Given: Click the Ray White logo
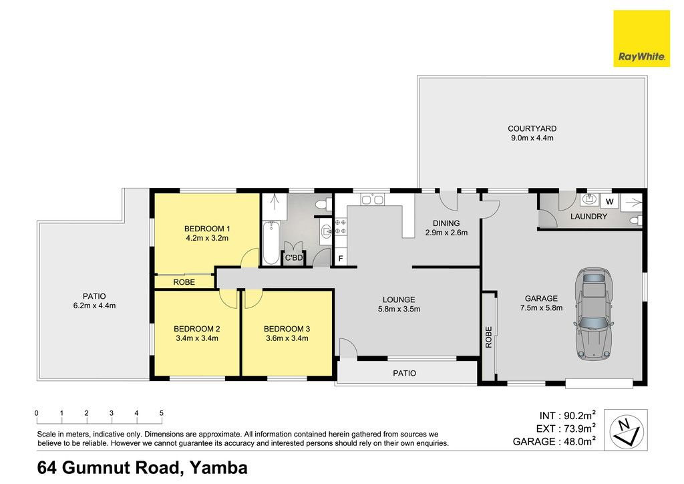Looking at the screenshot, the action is tap(641, 38).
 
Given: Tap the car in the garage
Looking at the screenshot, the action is tap(594, 314).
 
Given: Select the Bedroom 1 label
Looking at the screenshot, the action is tap(207, 229).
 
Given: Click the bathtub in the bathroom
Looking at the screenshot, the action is tap(271, 243).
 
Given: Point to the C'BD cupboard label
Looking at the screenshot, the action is tap(294, 258).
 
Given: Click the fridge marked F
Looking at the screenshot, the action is tap(341, 258).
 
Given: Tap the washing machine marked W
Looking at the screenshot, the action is tap(610, 202).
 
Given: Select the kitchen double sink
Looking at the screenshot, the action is tap(372, 199).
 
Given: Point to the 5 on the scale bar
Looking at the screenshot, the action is tap(162, 413).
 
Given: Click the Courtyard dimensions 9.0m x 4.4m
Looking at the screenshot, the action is tap(532, 138).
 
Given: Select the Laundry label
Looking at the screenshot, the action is tap(588, 217).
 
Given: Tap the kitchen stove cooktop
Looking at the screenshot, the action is tap(341, 227).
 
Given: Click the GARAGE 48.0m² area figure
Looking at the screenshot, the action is tap(554, 441).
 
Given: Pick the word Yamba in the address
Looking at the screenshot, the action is tap(219, 467).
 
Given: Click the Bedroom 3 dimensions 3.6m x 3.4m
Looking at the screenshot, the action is tap(287, 338).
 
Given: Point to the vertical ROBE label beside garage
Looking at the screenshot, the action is tap(488, 337).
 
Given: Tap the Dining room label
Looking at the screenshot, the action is tap(446, 223).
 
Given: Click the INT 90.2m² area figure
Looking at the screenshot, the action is tap(568, 416).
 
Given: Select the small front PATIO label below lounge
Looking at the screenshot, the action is tap(404, 373).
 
